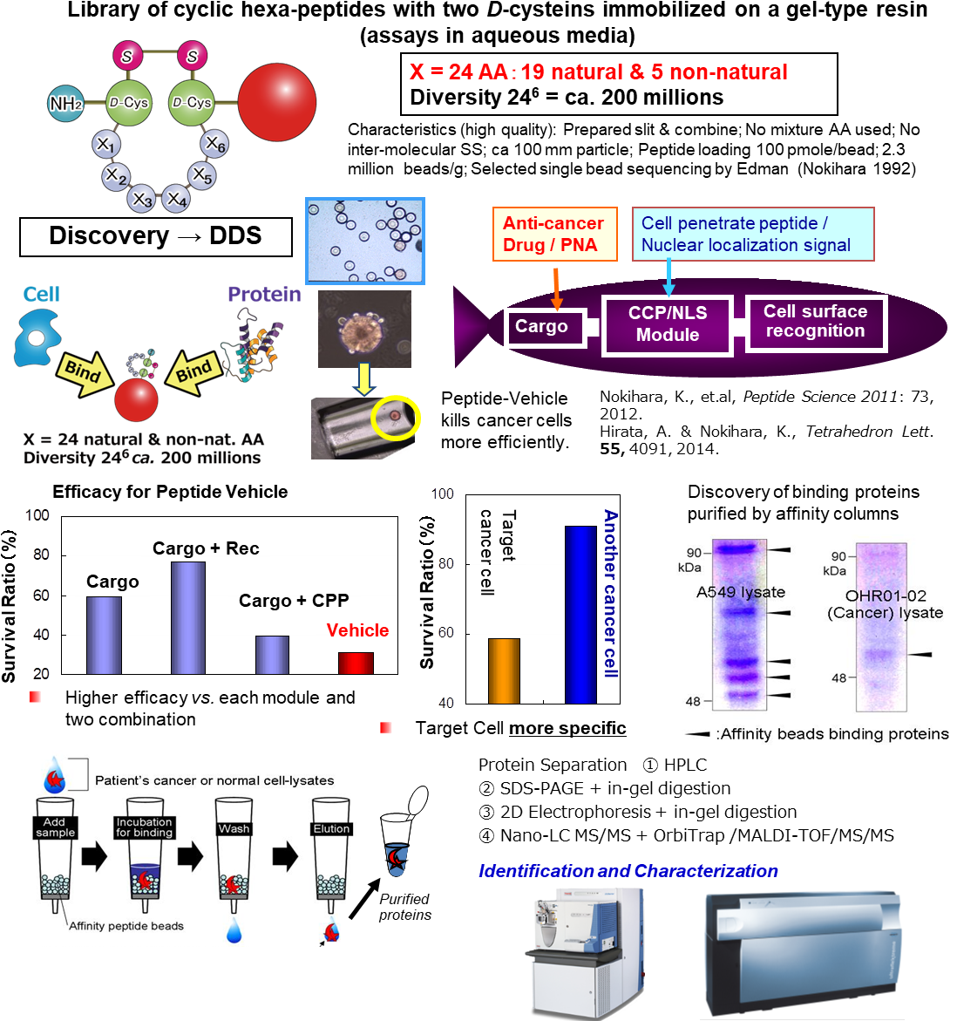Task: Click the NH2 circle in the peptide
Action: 66,103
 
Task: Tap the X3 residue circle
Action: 141,200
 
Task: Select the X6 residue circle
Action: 214,144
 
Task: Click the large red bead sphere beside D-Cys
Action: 276,102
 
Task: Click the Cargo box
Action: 541,327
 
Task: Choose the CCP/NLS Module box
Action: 667,324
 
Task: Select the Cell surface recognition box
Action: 815,322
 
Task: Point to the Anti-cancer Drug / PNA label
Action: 553,234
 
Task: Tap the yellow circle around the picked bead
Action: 396,418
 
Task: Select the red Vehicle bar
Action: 356,663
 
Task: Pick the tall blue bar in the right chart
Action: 580,615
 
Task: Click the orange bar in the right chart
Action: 504,670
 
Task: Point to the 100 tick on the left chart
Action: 37,515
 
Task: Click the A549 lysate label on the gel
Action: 740,592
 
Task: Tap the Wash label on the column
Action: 234,828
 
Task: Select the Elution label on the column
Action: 332,828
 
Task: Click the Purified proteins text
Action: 405,907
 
